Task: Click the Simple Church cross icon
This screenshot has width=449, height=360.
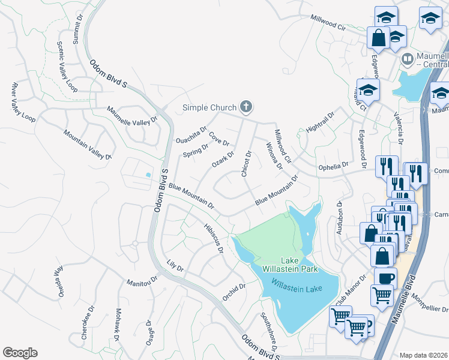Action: coord(245,107)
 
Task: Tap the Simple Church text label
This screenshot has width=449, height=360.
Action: coord(209,108)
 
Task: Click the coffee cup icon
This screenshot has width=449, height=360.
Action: coord(385,277)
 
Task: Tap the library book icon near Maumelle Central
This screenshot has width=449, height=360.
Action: coord(407,59)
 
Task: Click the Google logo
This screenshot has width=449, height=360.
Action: coord(20,352)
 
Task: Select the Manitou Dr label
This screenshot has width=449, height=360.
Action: coord(142,280)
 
